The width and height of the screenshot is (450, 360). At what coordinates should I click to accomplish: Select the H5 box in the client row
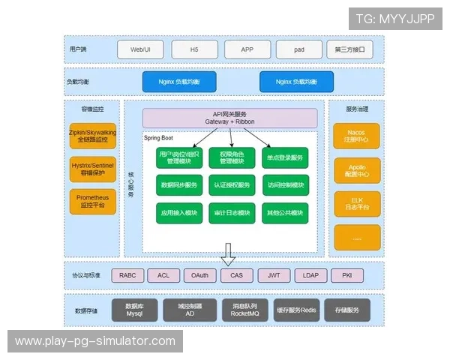[x=194, y=49]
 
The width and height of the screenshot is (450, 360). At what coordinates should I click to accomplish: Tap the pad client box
[x=298, y=49]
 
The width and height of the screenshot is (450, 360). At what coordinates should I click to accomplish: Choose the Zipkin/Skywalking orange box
[x=93, y=136]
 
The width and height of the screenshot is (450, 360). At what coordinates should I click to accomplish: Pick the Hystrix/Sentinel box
[x=93, y=169]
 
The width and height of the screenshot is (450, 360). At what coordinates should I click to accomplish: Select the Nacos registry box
[x=356, y=136]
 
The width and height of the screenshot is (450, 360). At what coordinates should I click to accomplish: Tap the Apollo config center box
[x=356, y=169]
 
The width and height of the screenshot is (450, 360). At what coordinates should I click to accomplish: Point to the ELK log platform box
[x=356, y=201]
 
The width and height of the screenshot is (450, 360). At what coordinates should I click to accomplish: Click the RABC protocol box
[x=127, y=275]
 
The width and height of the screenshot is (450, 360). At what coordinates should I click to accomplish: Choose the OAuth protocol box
[x=200, y=275]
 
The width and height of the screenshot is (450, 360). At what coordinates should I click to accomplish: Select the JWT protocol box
[x=274, y=275]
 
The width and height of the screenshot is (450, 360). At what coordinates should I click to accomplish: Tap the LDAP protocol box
[x=310, y=275]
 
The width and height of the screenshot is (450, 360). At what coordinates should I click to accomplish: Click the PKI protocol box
[x=346, y=275]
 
